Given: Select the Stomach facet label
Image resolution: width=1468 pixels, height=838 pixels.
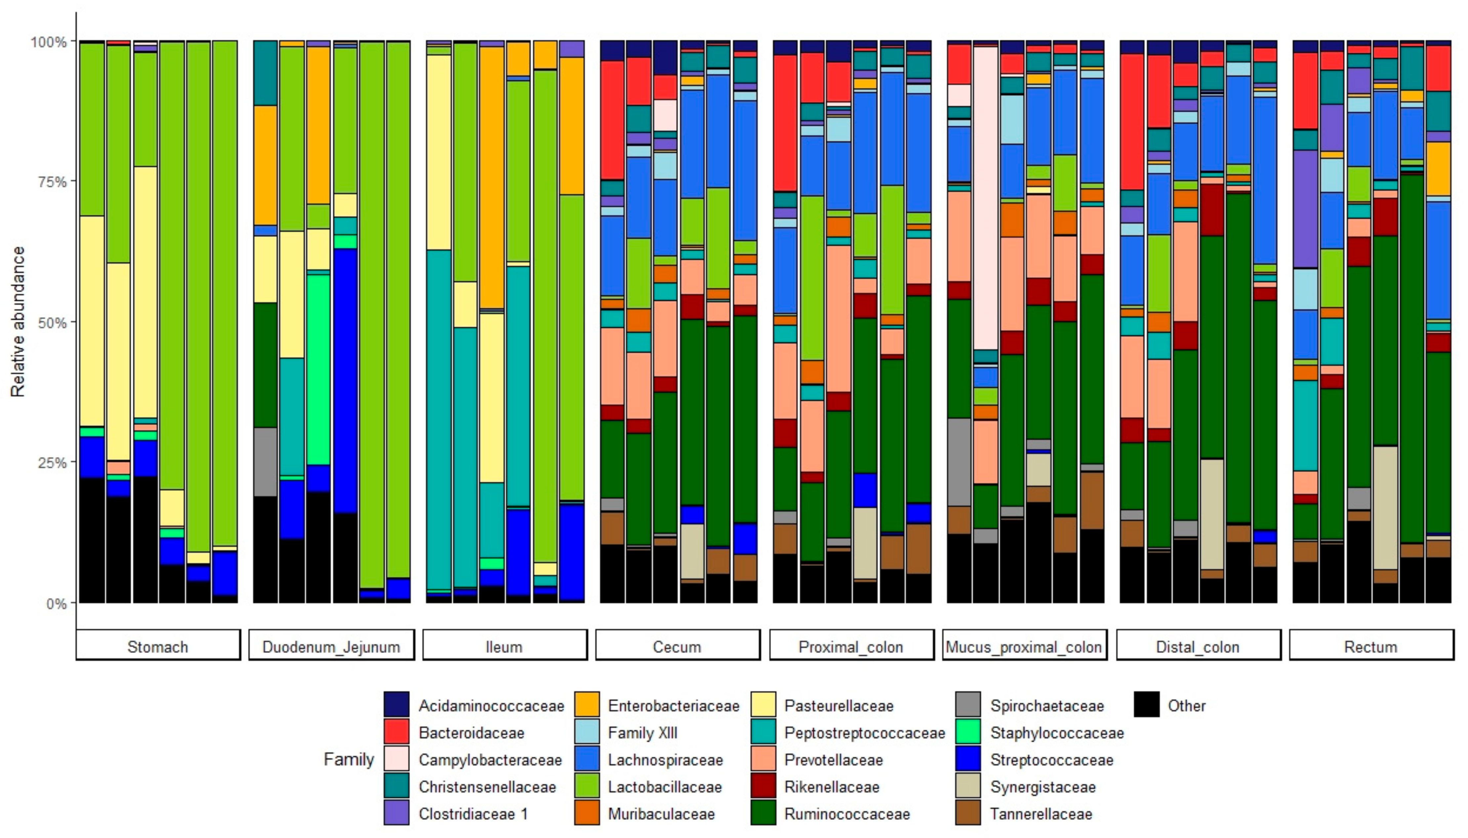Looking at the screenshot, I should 158,646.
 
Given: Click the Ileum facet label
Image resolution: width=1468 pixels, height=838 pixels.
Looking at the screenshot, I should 504,646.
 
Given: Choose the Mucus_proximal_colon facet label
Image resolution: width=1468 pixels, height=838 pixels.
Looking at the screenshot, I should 1024,646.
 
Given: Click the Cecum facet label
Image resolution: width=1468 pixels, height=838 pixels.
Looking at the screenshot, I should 677,646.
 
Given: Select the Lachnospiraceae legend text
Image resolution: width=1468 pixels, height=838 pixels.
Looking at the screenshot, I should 665,760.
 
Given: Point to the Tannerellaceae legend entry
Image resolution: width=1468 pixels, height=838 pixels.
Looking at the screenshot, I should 1041,814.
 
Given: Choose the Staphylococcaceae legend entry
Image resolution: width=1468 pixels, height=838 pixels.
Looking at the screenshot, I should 1056,733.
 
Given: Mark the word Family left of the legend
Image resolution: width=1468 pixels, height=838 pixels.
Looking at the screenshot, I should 348,759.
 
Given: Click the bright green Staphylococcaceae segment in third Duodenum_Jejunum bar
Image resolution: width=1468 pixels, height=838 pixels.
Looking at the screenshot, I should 318,368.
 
